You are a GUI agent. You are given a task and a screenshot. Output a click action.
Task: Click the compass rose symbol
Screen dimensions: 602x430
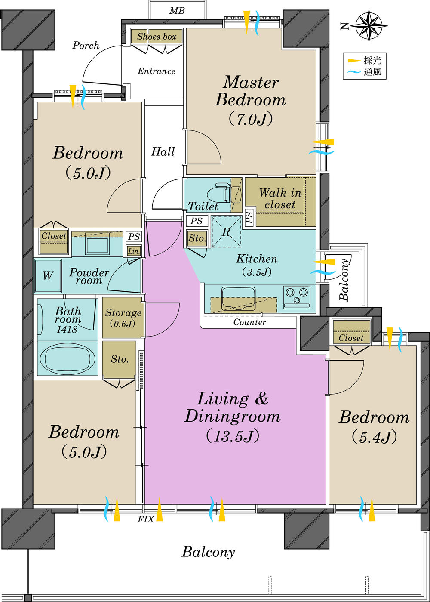click(369, 26)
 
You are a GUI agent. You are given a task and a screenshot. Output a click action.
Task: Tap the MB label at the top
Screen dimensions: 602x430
click(177, 10)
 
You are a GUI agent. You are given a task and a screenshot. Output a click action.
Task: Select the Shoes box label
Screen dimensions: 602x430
click(157, 37)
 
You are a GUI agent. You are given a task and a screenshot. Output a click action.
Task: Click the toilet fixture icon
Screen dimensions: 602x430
click(228, 193)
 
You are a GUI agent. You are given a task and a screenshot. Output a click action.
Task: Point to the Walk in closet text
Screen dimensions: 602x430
click(280, 198)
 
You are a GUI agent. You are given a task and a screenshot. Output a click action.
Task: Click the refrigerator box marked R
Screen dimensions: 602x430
click(226, 232)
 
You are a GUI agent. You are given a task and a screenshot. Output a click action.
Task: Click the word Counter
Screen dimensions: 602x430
click(249, 322)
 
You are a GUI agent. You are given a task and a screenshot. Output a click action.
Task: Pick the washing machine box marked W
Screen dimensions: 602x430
click(48, 275)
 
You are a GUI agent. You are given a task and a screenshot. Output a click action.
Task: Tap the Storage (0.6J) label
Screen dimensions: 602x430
click(123, 318)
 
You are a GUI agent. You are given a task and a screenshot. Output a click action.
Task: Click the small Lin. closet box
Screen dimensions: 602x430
click(134, 251)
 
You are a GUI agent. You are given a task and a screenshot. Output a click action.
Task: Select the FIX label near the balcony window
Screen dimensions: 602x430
click(145, 519)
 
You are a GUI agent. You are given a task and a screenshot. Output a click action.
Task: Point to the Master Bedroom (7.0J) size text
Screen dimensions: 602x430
click(250, 119)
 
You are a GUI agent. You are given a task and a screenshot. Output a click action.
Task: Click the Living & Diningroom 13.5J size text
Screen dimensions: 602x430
click(232, 436)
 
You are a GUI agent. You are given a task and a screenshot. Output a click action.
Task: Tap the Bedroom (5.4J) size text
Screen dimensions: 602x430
click(374, 437)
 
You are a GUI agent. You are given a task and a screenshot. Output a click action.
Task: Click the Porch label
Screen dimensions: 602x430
click(86, 45)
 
